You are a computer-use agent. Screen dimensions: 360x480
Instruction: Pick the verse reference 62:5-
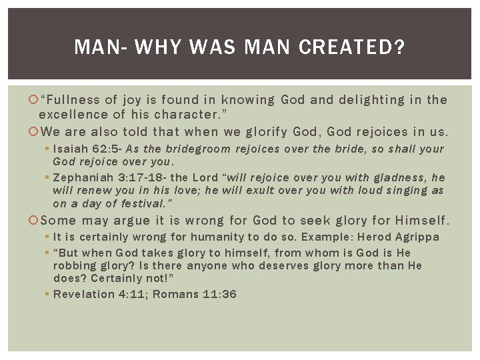pyautogui.click(x=106, y=149)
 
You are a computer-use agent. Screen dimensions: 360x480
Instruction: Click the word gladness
pyautogui.click(x=401, y=178)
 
